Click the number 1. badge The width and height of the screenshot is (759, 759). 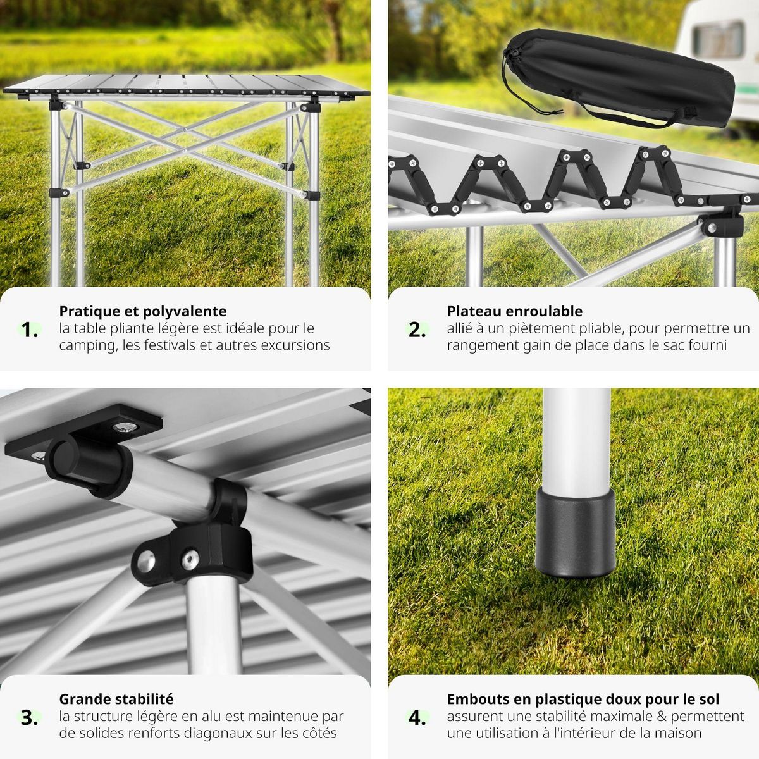point(30,330)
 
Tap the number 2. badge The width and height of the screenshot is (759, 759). point(417,330)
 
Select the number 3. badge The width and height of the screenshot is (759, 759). point(30,717)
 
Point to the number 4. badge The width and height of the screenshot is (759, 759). point(417,717)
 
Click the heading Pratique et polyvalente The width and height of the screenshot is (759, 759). point(142,311)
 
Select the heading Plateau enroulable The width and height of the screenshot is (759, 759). point(514,311)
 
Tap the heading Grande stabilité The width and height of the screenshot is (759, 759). point(116,699)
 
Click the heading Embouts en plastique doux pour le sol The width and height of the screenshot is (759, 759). point(583,699)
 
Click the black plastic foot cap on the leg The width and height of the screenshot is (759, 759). point(574,533)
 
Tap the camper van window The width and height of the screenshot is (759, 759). point(717,39)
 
